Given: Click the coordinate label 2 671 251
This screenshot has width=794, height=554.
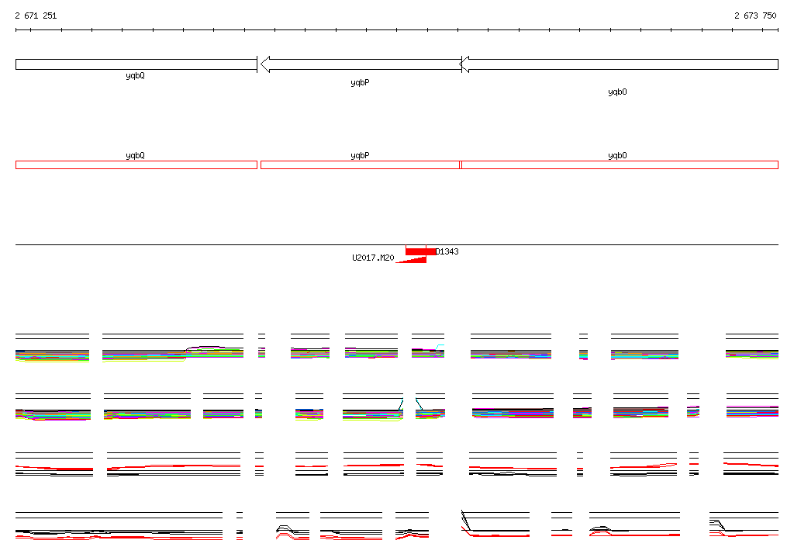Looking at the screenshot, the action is (x=36, y=16).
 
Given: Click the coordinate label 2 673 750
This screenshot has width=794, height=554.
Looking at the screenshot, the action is (x=755, y=16).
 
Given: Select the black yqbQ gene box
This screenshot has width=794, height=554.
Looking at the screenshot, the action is (x=136, y=64).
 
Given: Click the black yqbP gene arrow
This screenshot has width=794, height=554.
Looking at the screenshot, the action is (x=361, y=64).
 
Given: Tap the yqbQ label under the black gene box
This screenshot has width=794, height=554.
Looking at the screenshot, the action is (x=135, y=76).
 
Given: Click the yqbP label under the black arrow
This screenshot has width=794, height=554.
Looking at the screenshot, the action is (x=360, y=82).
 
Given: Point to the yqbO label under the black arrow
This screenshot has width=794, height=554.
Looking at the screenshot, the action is (x=617, y=92).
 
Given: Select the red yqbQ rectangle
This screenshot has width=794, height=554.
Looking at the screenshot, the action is (x=136, y=164).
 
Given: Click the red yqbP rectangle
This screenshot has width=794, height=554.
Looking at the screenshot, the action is (x=360, y=164).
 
